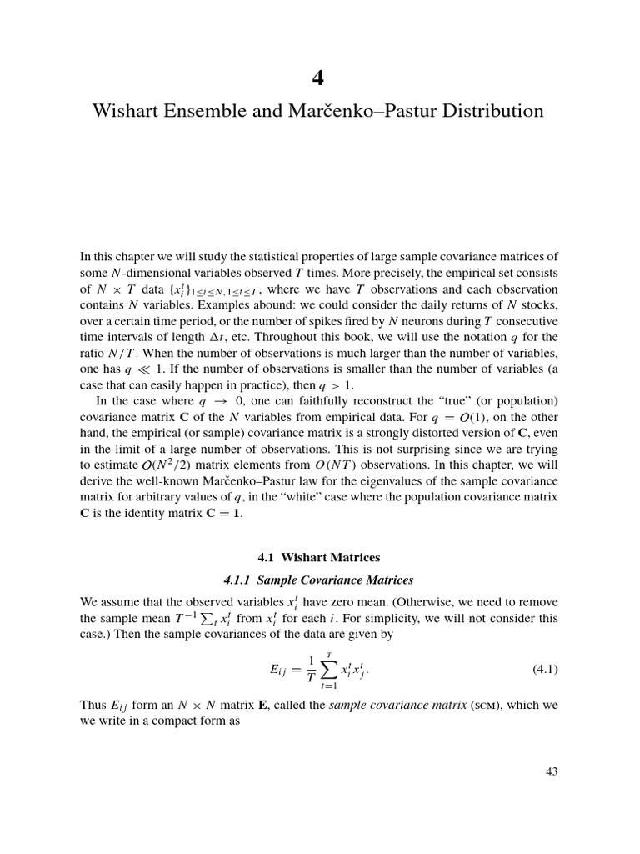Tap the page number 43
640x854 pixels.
(x=551, y=771)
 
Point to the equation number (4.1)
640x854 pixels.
(x=545, y=669)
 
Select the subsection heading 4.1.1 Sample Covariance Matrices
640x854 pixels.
(x=320, y=580)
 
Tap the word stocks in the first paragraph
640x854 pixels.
(x=539, y=305)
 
